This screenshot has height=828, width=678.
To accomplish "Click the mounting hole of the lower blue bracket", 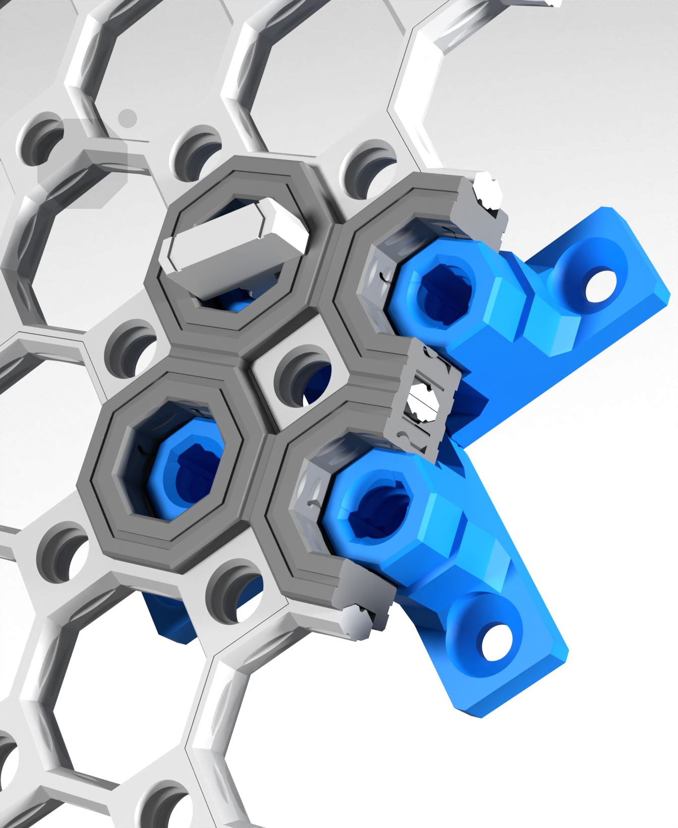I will click(x=497, y=643).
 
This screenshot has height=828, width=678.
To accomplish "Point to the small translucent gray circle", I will click(x=128, y=118).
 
